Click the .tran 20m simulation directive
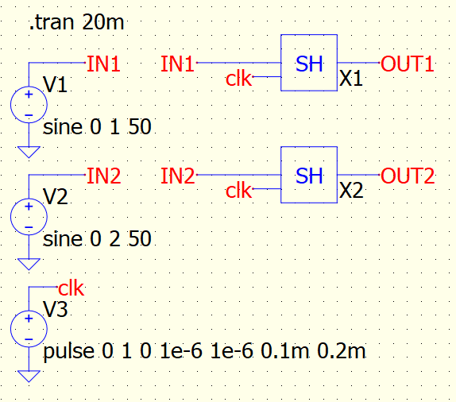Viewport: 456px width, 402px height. click(77, 22)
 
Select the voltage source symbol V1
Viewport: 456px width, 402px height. click(29, 105)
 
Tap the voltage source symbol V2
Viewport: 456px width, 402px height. click(29, 217)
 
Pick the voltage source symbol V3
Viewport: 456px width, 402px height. click(29, 329)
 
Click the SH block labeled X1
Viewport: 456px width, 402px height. click(309, 63)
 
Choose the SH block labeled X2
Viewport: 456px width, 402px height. click(309, 175)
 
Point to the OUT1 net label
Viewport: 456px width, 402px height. click(407, 64)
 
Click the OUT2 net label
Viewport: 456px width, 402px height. click(408, 176)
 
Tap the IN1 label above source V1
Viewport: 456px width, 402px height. click(103, 64)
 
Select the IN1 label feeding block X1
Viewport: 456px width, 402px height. click(178, 64)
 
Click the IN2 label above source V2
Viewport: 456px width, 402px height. click(104, 176)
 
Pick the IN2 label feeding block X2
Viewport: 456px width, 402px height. click(178, 176)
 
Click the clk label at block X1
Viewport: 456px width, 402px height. click(238, 78)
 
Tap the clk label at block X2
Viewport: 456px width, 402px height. click(238, 191)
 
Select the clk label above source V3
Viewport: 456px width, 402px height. click(71, 288)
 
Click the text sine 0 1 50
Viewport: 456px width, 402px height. click(97, 127)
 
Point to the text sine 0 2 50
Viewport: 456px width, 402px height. click(97, 239)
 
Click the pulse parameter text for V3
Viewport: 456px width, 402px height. click(204, 351)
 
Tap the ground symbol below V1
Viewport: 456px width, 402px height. click(29, 152)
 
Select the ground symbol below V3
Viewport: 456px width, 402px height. click(29, 376)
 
